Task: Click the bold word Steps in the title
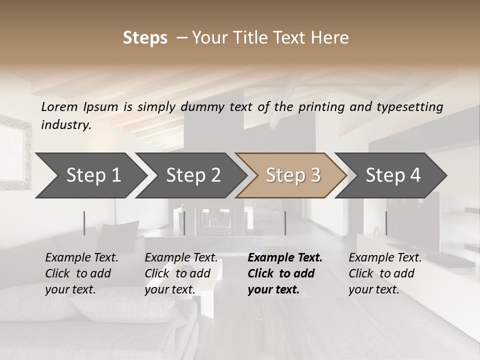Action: pyautogui.click(x=145, y=38)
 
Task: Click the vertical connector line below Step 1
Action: pyautogui.click(x=84, y=223)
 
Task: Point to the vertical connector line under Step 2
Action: pyautogui.click(x=184, y=223)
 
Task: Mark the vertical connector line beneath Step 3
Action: pyautogui.click(x=285, y=223)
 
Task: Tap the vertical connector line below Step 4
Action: pyautogui.click(x=386, y=223)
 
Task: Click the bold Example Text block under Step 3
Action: pyautogui.click(x=285, y=273)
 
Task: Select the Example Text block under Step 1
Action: pyautogui.click(x=81, y=273)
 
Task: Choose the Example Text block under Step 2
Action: pyautogui.click(x=181, y=273)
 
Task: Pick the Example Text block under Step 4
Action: pyautogui.click(x=385, y=273)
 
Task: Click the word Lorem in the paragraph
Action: pyautogui.click(x=59, y=106)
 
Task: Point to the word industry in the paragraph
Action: pyautogui.click(x=65, y=125)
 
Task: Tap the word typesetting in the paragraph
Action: pyautogui.click(x=414, y=107)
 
